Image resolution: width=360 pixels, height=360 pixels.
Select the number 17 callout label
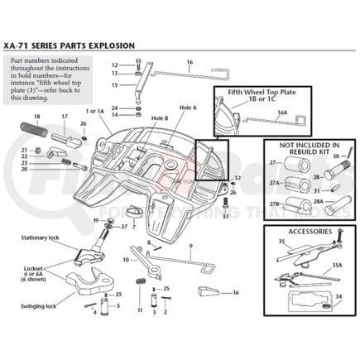[65, 117]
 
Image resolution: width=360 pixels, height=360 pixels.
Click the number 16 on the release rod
[190, 62]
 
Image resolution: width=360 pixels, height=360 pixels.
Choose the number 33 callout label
[225, 216]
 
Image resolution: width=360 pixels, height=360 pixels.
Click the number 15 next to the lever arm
[115, 85]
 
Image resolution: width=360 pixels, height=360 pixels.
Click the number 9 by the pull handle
[190, 246]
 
